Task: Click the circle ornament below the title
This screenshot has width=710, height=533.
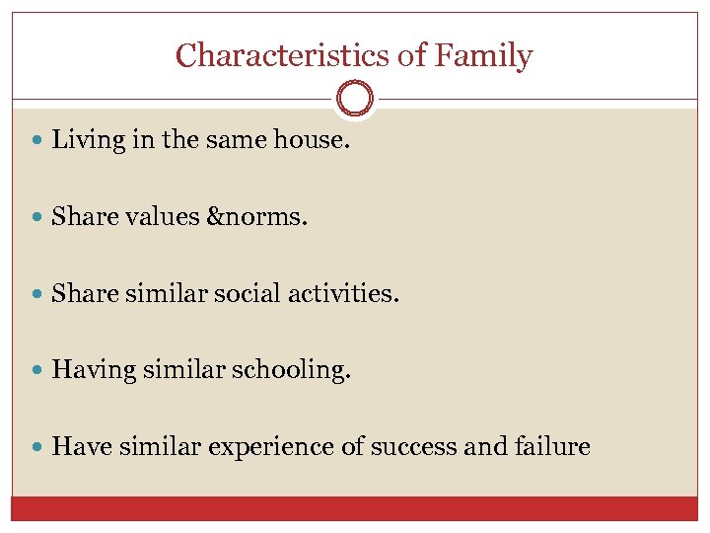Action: (x=355, y=99)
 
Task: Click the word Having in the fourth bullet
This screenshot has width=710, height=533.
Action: (x=84, y=370)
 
